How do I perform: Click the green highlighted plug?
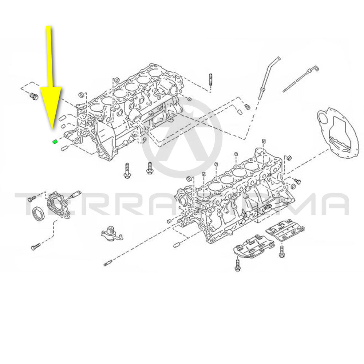click(54, 141)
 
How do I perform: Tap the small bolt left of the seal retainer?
click(32, 199)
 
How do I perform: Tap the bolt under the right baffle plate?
click(282, 251)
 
